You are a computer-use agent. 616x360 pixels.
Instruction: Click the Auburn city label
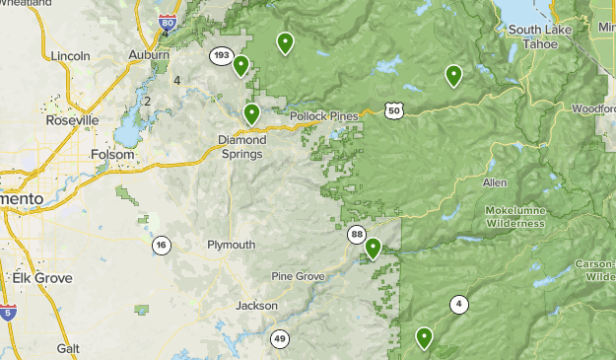(149, 55)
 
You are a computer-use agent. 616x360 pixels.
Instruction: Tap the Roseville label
(73, 119)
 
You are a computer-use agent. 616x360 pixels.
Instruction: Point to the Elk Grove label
(42, 278)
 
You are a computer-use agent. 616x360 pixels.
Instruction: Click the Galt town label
(68, 348)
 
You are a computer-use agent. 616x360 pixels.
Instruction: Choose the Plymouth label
(232, 245)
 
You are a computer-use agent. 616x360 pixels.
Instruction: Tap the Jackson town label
(256, 306)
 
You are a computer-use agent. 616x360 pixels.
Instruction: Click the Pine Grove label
(298, 277)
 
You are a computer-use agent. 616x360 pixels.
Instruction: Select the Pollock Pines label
(324, 116)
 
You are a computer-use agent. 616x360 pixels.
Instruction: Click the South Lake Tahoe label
(533, 37)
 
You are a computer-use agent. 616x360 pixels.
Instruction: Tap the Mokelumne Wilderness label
(514, 217)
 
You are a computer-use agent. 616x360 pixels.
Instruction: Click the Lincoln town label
(75, 55)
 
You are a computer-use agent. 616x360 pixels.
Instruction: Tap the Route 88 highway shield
(356, 234)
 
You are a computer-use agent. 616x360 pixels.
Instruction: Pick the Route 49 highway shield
(280, 339)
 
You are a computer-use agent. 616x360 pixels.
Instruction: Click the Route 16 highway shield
(161, 245)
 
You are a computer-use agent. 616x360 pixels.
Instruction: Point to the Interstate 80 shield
(168, 22)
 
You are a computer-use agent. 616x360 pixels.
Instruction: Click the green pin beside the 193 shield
(240, 66)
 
